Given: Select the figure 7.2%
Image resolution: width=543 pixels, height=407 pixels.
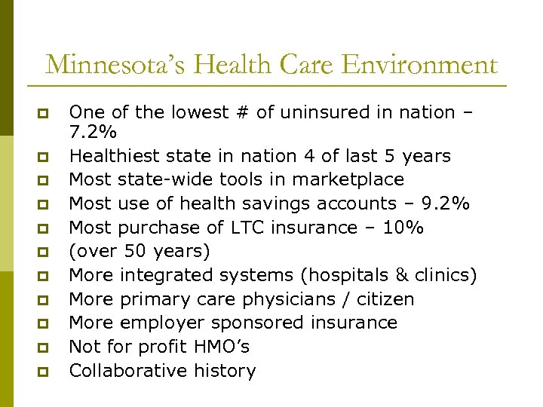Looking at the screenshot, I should pos(93,133).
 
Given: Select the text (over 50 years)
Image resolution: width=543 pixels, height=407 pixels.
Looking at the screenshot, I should pos(140,251).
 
